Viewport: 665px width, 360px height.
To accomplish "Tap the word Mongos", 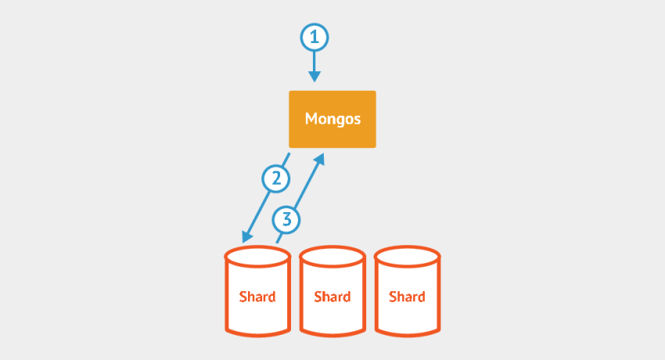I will (332, 120).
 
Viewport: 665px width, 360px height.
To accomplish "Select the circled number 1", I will (315, 37).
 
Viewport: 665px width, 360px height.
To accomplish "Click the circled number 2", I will (275, 179).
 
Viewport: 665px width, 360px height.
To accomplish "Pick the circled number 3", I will (287, 219).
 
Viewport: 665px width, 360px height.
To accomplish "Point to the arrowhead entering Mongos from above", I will (315, 76).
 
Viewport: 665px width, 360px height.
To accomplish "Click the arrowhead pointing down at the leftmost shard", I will (247, 236).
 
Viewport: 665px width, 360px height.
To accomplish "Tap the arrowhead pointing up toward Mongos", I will (319, 160).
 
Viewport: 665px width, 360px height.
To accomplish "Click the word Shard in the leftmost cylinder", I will (257, 297).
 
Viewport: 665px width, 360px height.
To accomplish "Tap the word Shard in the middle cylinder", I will (332, 297).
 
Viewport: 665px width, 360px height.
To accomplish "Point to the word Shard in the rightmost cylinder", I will (407, 297).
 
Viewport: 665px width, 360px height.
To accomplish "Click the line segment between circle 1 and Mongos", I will (315, 60).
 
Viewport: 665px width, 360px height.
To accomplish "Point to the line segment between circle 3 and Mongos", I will (305, 185).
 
